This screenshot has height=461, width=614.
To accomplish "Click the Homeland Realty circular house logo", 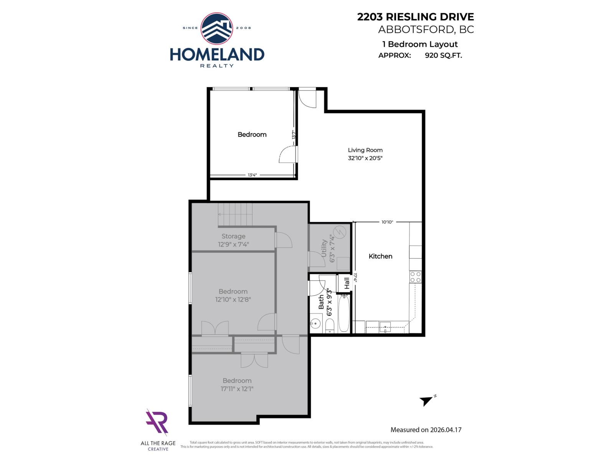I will [217, 28].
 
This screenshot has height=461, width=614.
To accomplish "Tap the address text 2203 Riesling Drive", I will [415, 17].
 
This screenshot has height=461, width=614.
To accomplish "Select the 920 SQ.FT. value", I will [443, 55].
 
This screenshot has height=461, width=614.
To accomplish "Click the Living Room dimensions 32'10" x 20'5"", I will [365, 158].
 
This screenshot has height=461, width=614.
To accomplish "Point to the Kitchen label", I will [380, 256].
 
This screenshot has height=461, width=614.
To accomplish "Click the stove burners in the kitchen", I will [415, 277].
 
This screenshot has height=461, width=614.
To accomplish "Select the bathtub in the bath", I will [344, 313].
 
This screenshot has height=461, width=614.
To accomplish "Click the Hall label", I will [347, 284].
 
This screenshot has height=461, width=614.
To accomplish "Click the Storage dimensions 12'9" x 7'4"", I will [233, 244].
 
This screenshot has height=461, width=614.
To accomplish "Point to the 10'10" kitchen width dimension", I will [387, 222].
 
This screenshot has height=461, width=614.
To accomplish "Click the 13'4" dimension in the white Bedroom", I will [252, 175].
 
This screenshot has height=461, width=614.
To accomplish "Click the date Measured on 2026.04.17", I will [426, 430].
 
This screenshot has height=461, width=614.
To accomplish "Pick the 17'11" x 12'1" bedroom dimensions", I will [237, 389].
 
